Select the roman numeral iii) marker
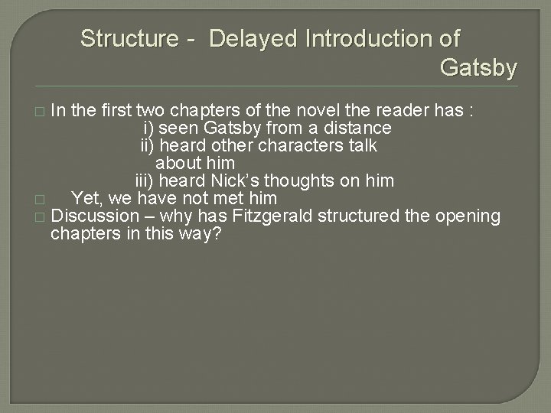pos(145,181)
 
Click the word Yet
pos(86,199)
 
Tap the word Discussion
pos(97,216)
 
